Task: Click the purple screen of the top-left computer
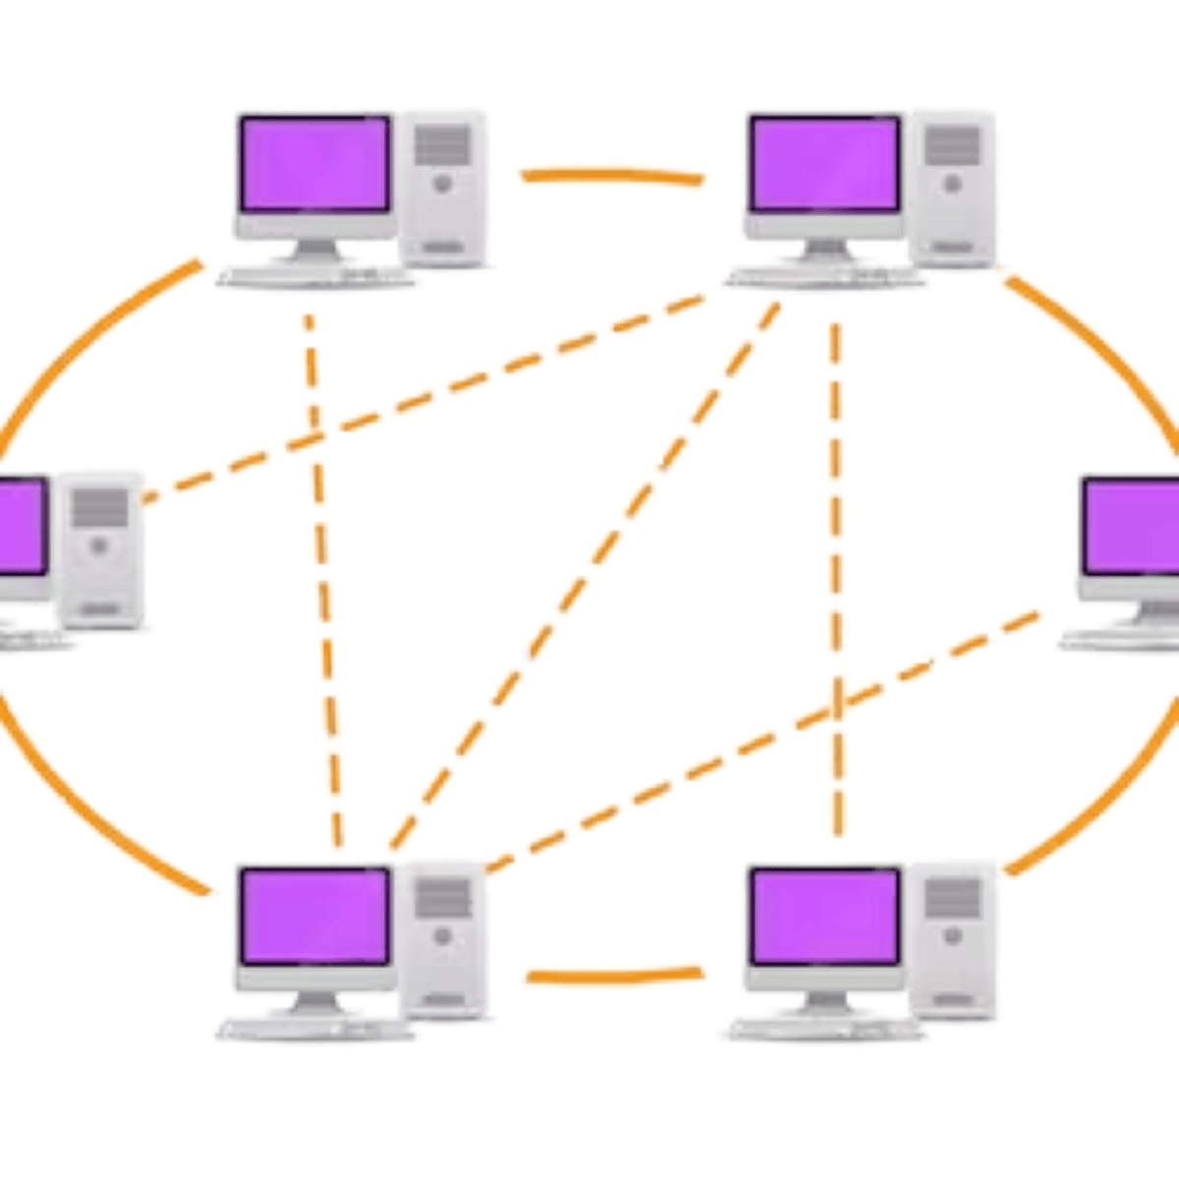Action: pos(314,163)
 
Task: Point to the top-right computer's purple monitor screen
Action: pos(823,163)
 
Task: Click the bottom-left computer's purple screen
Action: pos(314,916)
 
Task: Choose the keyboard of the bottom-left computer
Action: pos(314,1029)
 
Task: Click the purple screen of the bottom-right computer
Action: pos(823,916)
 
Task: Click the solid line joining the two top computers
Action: pos(611,176)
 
